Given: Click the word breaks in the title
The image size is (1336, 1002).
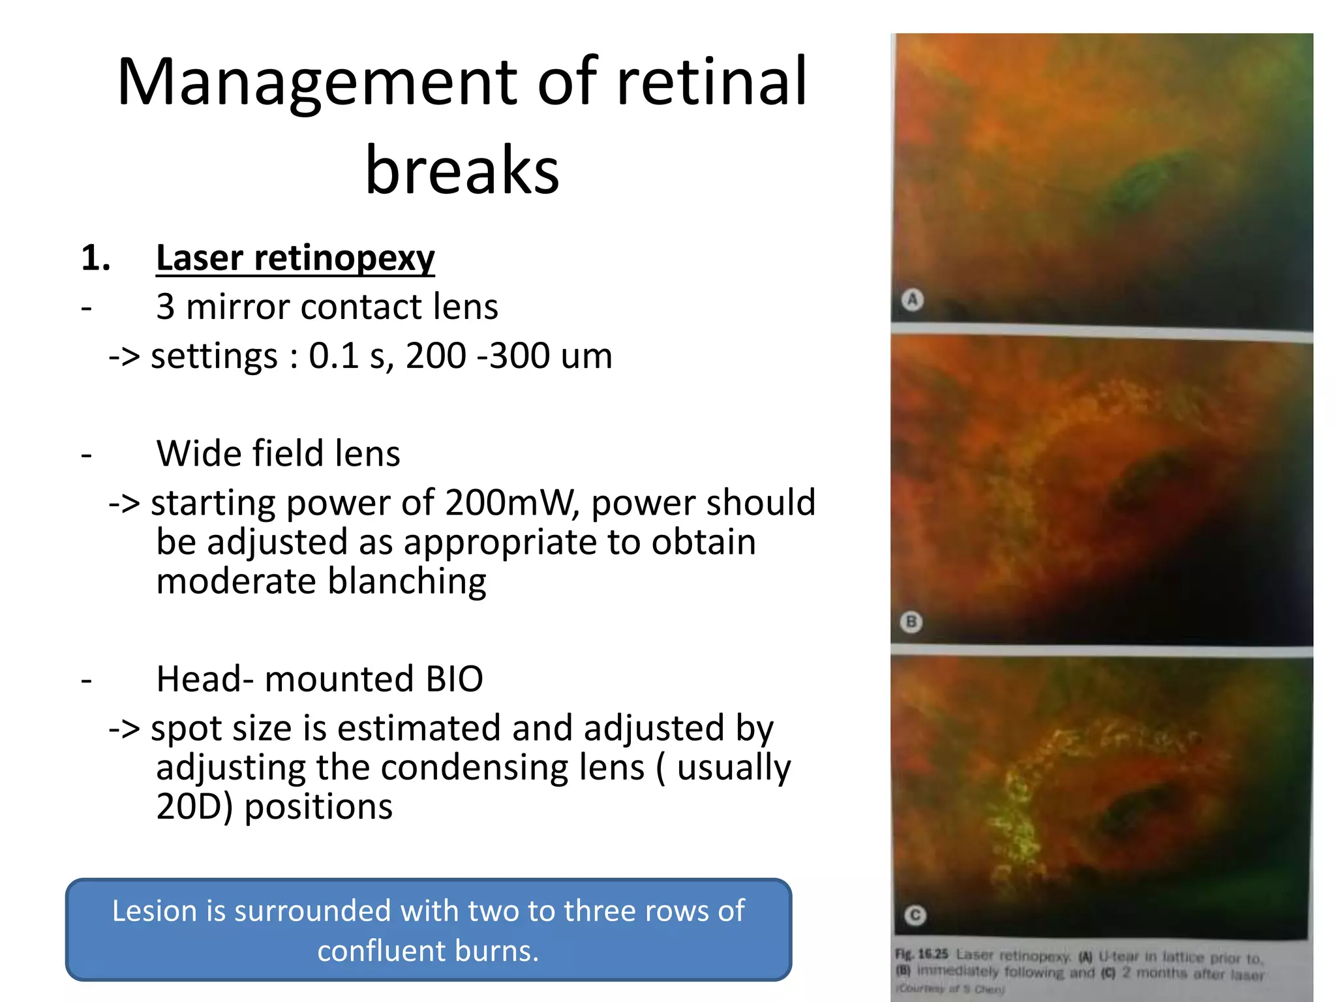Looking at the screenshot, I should point(462,171).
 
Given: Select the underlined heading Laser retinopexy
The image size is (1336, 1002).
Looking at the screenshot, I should point(295,258).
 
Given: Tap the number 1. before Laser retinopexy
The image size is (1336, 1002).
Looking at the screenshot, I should point(95,258).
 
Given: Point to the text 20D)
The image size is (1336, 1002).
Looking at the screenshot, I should point(194,807).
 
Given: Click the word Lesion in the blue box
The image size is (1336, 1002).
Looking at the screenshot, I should point(155,911).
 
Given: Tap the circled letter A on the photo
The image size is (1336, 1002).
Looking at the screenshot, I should point(912,299).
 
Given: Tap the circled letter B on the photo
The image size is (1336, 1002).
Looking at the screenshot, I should point(911,622).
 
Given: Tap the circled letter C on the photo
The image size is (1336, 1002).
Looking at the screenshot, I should point(915,915).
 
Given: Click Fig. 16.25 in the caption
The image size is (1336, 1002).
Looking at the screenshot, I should point(921,954).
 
